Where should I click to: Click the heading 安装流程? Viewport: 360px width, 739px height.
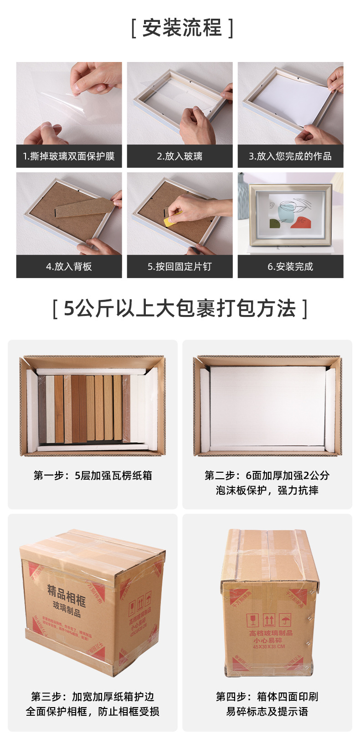click(x=182, y=28)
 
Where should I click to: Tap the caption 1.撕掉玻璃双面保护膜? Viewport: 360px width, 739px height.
click(x=69, y=156)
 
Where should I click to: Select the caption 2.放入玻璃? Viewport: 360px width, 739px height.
click(x=180, y=156)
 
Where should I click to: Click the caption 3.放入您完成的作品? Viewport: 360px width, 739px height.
click(x=290, y=156)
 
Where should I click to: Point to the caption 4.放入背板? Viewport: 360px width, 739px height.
click(x=69, y=267)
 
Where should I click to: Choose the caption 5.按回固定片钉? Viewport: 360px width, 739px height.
click(x=180, y=267)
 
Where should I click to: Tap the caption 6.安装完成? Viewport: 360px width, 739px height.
click(x=290, y=267)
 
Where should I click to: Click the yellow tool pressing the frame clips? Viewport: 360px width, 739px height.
click(x=173, y=218)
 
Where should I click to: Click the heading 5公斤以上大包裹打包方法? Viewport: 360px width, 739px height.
click(x=180, y=309)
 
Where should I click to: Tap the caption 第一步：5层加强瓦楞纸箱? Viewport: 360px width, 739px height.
click(x=93, y=475)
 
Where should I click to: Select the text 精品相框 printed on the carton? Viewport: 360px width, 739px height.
click(x=67, y=594)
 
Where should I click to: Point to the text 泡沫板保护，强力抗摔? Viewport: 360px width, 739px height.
click(x=267, y=491)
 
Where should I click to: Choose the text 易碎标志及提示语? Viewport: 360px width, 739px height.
click(x=267, y=712)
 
